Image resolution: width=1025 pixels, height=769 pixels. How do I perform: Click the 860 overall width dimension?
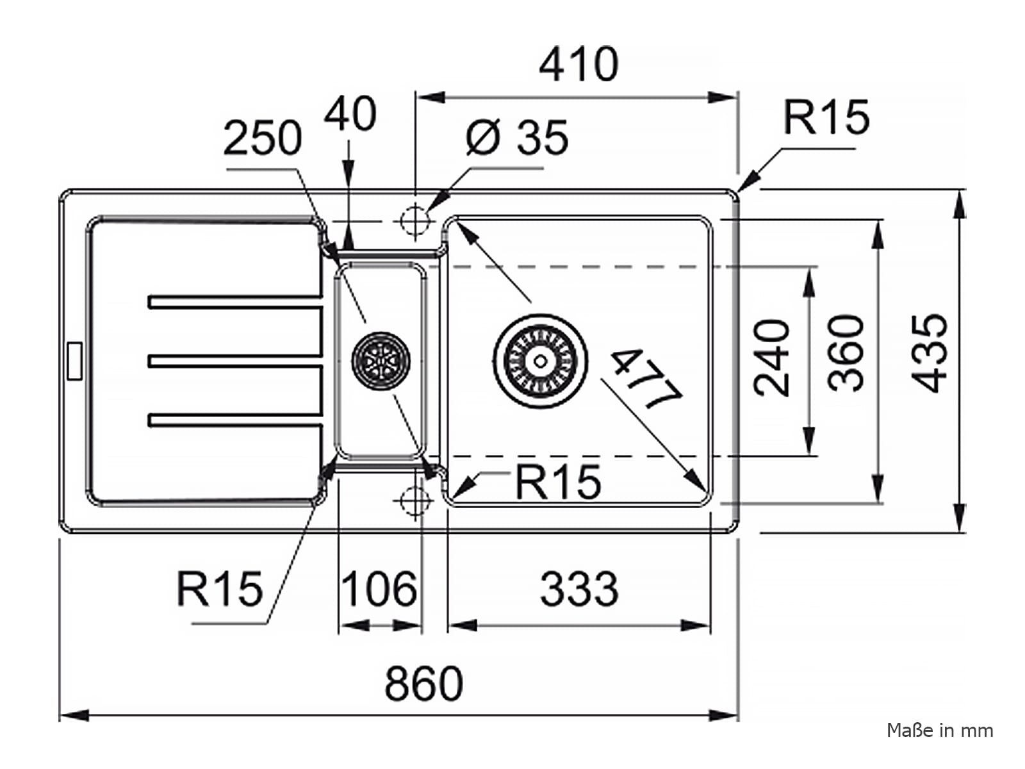(x=423, y=684)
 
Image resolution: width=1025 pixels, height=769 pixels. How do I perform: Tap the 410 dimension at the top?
(x=579, y=64)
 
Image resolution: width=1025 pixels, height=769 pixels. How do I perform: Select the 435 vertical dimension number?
(x=930, y=354)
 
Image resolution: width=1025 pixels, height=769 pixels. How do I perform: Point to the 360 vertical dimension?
(x=846, y=354)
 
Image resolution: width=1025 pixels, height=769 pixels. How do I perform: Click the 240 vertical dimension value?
(x=771, y=358)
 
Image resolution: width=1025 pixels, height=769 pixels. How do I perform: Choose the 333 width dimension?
(x=579, y=589)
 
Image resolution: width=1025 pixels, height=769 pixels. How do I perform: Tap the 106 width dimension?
(x=379, y=589)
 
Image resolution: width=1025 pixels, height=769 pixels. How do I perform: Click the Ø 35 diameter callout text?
(x=517, y=136)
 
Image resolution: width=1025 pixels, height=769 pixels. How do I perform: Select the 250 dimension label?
(x=263, y=137)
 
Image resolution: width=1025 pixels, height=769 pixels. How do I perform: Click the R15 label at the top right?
(x=826, y=117)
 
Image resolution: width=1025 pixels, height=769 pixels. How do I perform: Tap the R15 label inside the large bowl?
(x=558, y=481)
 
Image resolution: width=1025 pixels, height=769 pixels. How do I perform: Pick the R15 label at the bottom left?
(x=220, y=589)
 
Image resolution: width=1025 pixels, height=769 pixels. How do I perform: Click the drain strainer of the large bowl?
(x=540, y=361)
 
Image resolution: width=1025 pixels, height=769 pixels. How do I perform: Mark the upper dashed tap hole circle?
(x=414, y=221)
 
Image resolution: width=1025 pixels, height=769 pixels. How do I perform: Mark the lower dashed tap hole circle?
(x=414, y=500)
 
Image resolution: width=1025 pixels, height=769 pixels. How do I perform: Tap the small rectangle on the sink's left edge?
(x=75, y=360)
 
